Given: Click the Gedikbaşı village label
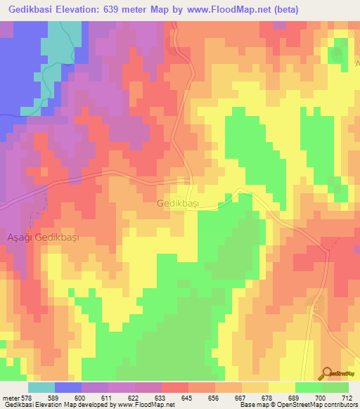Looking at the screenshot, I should pyautogui.click(x=178, y=203).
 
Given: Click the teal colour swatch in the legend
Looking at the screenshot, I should pyautogui.click(x=41, y=387).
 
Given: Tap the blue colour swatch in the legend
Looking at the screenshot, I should pyautogui.click(x=68, y=387).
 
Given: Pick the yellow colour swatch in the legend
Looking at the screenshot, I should pyautogui.click(x=282, y=387).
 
